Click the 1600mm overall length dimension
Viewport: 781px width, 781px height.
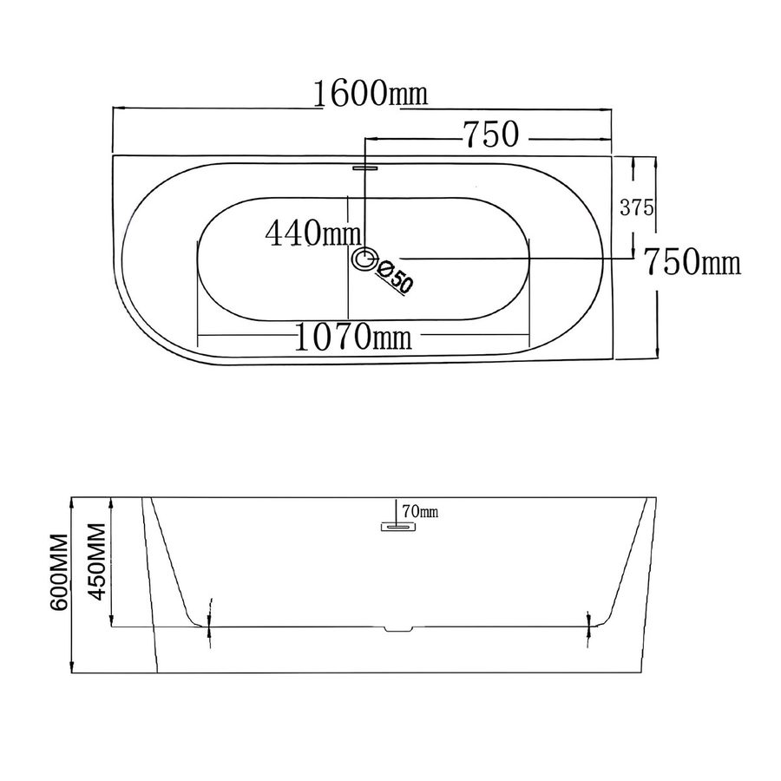click(x=371, y=93)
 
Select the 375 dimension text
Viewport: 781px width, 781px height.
click(x=637, y=207)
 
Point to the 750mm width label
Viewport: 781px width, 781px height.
click(x=692, y=261)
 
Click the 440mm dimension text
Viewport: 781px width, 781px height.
click(x=312, y=233)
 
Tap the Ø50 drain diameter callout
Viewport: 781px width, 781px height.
click(x=396, y=277)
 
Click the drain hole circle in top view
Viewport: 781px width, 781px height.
click(x=365, y=259)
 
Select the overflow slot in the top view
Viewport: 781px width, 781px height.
click(x=365, y=167)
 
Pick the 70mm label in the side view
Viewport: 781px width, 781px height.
click(x=420, y=511)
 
